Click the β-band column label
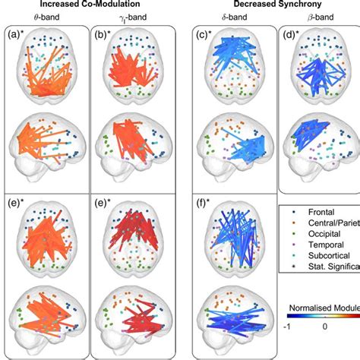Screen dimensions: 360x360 (x=318, y=18)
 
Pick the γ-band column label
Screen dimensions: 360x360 (x=131, y=18)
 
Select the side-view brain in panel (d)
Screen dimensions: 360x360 (x=317, y=139)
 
